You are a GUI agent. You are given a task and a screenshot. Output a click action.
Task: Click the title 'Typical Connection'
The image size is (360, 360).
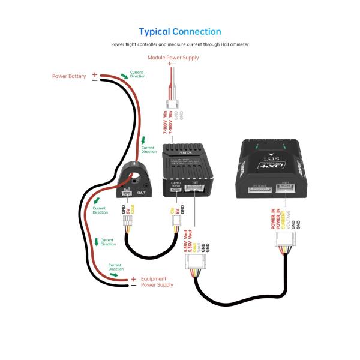(180, 31)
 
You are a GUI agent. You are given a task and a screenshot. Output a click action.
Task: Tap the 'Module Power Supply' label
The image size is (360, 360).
(173, 58)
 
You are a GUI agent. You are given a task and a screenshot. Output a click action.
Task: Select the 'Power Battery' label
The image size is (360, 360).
(69, 76)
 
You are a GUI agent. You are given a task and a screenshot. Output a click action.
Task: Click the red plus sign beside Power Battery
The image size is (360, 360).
(95, 75)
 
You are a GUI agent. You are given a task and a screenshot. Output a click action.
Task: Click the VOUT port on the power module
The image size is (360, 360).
(195, 188)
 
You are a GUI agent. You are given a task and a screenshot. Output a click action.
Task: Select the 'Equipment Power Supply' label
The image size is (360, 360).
(157, 282)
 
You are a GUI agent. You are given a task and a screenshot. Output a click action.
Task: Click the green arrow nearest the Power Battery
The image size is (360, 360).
(125, 76)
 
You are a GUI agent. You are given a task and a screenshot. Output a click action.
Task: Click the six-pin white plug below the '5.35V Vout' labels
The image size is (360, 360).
(197, 262)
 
